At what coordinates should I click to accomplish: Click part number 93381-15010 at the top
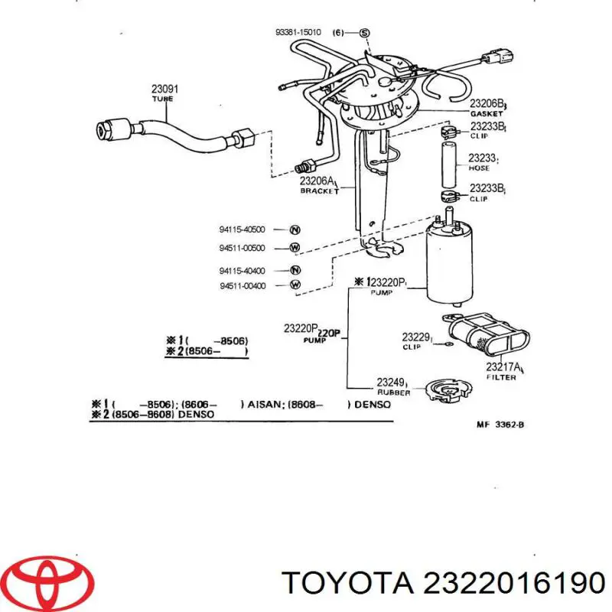coord(298,32)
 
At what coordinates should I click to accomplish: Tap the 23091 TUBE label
coord(162,93)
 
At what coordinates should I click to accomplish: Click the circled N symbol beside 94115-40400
coord(295,270)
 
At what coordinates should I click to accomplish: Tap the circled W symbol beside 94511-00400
coord(295,286)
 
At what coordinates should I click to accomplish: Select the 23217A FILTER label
coord(504,371)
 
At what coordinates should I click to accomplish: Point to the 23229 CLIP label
coord(417,340)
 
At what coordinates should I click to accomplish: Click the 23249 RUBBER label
coord(394,386)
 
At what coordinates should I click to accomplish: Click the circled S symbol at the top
coord(364,32)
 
